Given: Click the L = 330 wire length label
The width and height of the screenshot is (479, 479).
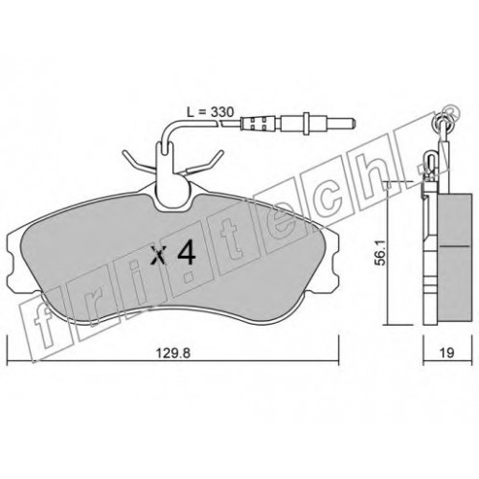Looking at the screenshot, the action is tap(210, 112).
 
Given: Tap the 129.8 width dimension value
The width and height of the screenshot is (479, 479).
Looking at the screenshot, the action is tap(173, 354).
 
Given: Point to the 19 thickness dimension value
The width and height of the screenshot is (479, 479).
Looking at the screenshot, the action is tap(447, 353).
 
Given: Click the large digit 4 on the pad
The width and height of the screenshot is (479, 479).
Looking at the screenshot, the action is tap(186, 255).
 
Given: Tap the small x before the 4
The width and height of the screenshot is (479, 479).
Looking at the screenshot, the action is tap(158, 257).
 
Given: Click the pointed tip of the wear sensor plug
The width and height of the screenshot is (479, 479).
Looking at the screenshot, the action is tap(354, 123).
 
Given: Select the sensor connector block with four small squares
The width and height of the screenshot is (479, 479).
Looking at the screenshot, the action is tap(257, 123).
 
